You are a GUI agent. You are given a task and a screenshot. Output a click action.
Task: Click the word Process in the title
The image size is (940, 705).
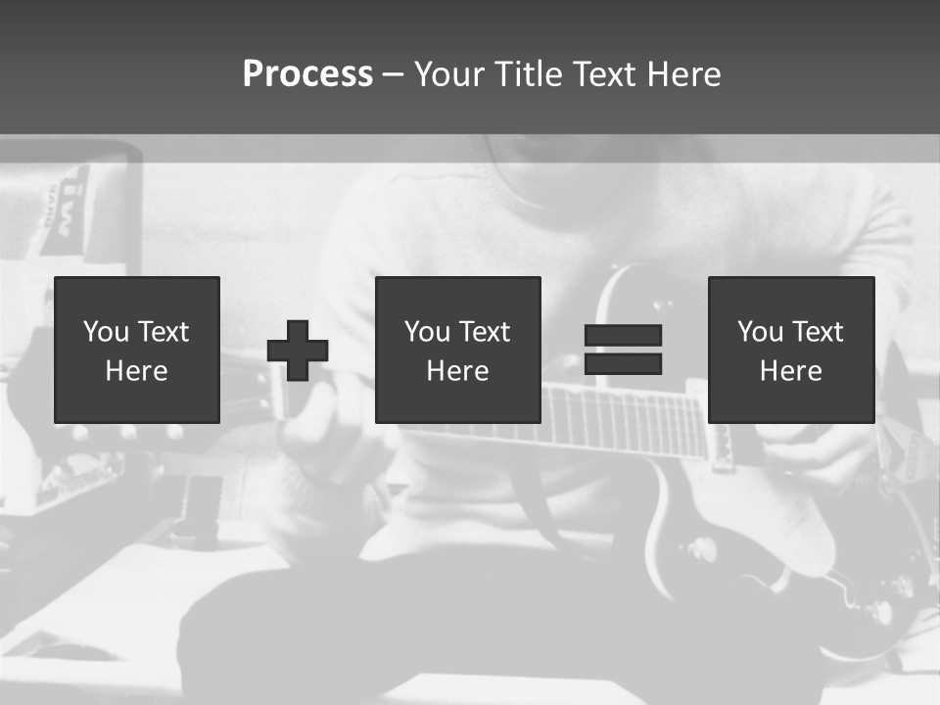(x=307, y=74)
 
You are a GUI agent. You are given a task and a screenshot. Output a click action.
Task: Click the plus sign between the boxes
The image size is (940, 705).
(x=298, y=351)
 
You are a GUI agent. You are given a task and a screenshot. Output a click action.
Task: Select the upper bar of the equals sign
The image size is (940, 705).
(x=623, y=335)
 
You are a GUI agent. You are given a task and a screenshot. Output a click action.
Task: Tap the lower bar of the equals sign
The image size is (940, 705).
(x=623, y=364)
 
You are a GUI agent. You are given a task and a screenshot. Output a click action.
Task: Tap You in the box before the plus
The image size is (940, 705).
(x=106, y=332)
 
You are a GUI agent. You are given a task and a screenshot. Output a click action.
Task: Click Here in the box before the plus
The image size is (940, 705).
(x=136, y=371)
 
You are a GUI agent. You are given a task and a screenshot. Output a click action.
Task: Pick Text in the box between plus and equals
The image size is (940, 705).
(x=485, y=332)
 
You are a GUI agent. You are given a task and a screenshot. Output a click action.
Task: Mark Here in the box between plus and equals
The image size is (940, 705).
(x=457, y=371)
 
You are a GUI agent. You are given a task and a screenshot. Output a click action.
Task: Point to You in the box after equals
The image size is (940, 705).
(x=760, y=332)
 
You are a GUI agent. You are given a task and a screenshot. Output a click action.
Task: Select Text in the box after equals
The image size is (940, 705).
(x=818, y=332)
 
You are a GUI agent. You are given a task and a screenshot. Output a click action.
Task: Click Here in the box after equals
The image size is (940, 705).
(x=790, y=371)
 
